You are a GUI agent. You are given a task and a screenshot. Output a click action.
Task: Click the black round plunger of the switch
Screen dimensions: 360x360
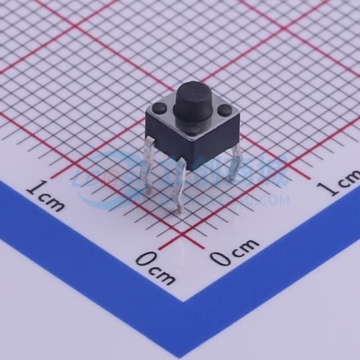pos(193,101)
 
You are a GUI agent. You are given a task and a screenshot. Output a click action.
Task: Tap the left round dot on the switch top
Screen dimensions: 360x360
pos(159,107)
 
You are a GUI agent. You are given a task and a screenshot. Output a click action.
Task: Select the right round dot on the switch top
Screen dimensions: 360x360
pos(225,110)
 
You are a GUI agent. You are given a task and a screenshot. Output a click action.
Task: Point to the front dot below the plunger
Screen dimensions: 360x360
pos(192,130)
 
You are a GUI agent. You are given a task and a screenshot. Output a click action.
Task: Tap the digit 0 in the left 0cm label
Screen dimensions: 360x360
pos(145,260)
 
